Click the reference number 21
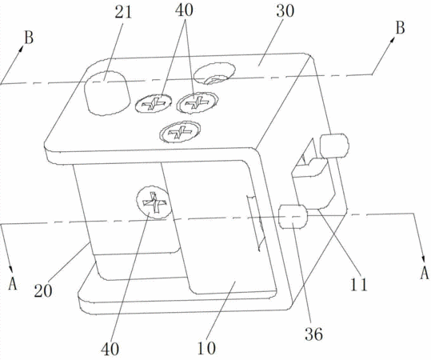pos(123,12)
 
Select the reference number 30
pos(285,10)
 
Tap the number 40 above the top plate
pos(185,10)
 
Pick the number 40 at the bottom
pos(110,350)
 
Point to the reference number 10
pos(206,348)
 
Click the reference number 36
pos(313,334)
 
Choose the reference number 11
pos(358,285)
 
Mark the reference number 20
pos(43,290)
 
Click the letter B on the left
pos(29,38)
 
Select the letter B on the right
pos(400,28)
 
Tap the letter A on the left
pos(12,283)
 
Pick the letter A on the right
pos(424,273)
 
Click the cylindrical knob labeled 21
pos(106,93)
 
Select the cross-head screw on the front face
pos(154,202)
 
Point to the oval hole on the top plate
pos(214,74)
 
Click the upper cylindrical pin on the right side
pos(334,146)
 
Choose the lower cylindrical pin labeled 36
pos(293,217)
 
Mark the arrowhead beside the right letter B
pos(392,41)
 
